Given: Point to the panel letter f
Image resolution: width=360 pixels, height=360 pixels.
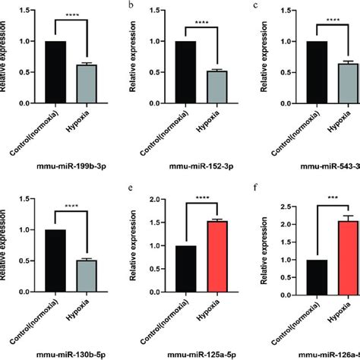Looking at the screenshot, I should (x=260, y=194).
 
